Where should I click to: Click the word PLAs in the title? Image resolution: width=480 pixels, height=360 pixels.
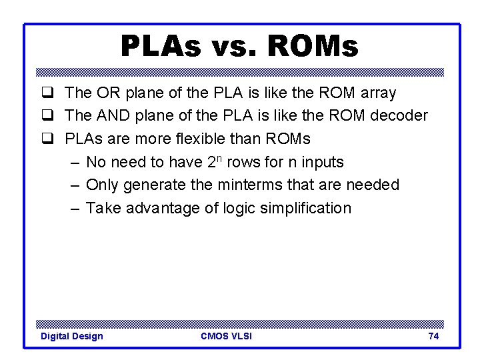[x=159, y=47]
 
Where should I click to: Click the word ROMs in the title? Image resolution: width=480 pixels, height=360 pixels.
[x=312, y=47]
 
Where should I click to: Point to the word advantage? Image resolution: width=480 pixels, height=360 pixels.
[x=159, y=208]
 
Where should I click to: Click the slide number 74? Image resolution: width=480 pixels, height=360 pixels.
[x=433, y=336]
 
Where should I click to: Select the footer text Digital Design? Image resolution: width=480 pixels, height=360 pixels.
[x=72, y=336]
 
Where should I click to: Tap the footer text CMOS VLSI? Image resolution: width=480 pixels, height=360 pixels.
[x=226, y=336]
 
